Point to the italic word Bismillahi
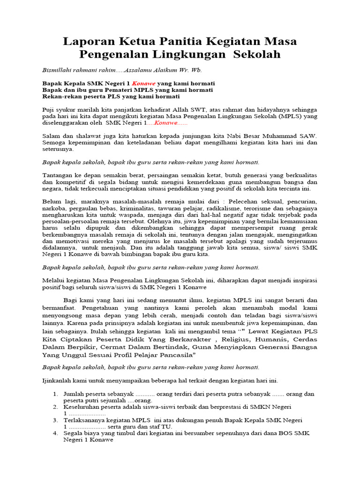58,70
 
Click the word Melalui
54,280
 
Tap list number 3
55,420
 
